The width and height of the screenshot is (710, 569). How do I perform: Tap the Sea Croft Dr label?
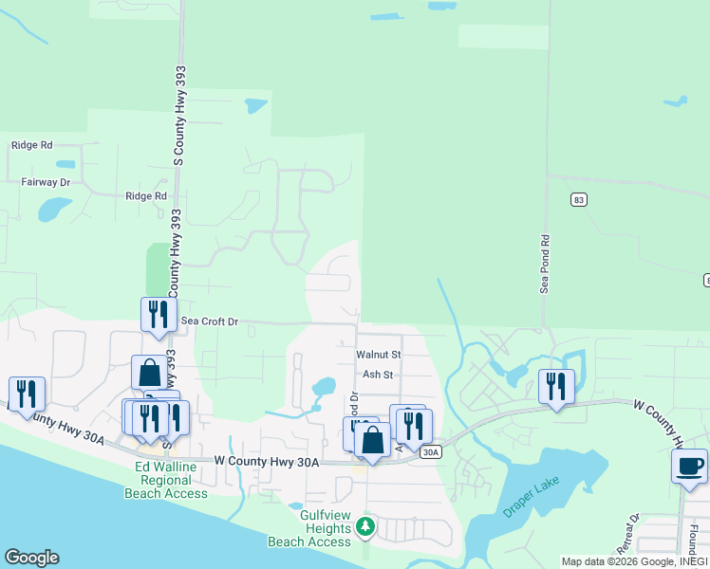tap(208, 322)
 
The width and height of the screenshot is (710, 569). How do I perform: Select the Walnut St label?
tap(379, 354)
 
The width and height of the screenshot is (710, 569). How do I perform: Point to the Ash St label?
tap(378, 375)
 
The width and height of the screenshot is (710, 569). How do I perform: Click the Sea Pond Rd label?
tap(546, 265)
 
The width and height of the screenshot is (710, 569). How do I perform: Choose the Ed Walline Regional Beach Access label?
tap(166, 481)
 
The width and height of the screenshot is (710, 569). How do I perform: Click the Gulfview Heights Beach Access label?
tap(310, 528)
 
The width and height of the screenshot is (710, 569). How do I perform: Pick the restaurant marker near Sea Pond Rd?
tap(556, 385)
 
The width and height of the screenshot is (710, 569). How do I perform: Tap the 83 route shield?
tap(578, 199)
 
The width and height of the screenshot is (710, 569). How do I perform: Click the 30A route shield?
tap(430, 452)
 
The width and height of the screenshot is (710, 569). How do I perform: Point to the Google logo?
tap(31, 558)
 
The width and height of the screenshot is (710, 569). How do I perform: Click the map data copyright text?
tap(633, 561)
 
